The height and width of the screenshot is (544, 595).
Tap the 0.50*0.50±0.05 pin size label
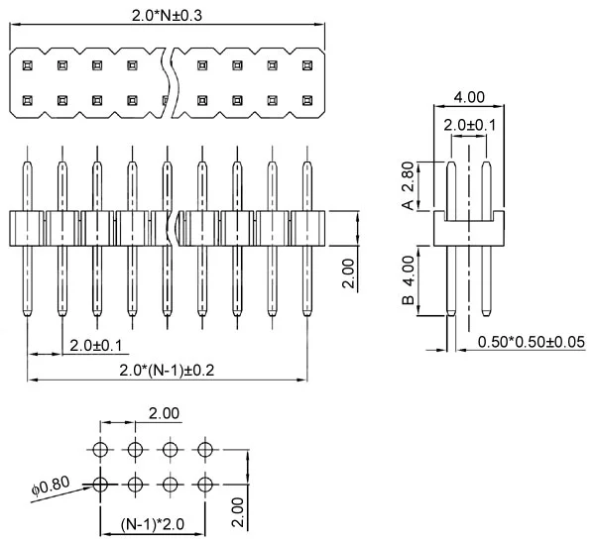(531, 342)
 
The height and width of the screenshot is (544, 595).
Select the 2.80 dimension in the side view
(407, 175)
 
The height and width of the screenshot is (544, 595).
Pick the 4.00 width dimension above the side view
(468, 97)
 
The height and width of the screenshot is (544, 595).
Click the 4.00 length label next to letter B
(407, 268)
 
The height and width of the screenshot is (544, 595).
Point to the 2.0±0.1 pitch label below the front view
(96, 345)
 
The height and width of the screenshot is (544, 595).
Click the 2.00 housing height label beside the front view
(346, 270)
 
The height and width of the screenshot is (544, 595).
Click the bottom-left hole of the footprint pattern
(99, 485)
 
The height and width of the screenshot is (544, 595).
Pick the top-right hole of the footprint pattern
(204, 450)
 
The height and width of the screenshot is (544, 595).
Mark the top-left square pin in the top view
(28, 66)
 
